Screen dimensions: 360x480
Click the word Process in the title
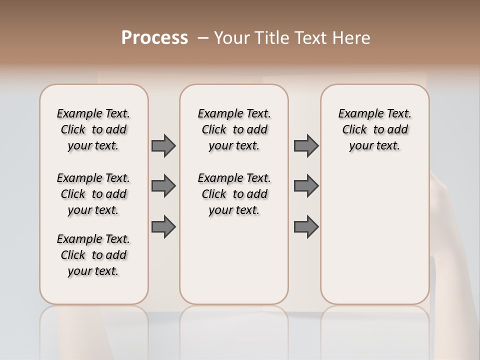(x=154, y=38)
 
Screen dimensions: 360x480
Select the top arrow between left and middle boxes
(x=163, y=145)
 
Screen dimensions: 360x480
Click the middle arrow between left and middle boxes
(x=163, y=186)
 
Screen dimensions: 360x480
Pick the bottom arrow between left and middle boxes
(x=163, y=227)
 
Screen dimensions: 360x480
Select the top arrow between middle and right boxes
(x=306, y=145)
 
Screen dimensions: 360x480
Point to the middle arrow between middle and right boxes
(x=306, y=186)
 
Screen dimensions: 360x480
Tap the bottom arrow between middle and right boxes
(x=306, y=227)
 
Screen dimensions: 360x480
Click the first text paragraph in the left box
(x=93, y=129)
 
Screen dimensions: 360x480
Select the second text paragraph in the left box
(x=93, y=194)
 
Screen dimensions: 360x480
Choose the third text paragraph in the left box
(x=93, y=255)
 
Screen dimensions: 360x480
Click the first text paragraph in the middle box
(x=234, y=129)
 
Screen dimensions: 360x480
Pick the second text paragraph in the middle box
(x=234, y=194)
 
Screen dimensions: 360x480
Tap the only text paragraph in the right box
(x=375, y=129)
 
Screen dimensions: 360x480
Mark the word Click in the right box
(x=354, y=130)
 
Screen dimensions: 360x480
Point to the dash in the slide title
(x=203, y=38)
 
